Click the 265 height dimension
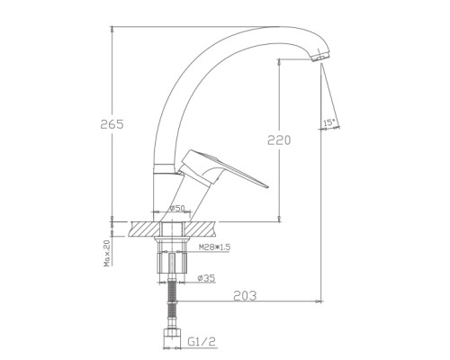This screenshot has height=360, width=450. [x=112, y=124]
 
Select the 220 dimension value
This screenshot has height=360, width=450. [x=279, y=140]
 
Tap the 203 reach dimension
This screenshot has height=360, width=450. [x=245, y=296]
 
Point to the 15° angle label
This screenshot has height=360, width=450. [x=328, y=122]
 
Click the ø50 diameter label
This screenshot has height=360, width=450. [x=176, y=208]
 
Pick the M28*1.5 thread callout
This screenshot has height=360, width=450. [x=214, y=247]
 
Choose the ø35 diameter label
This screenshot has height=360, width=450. [x=206, y=278]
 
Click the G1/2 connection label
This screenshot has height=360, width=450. [x=202, y=341]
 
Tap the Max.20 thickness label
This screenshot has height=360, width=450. [x=107, y=252]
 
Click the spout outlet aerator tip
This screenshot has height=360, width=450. [x=320, y=56]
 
